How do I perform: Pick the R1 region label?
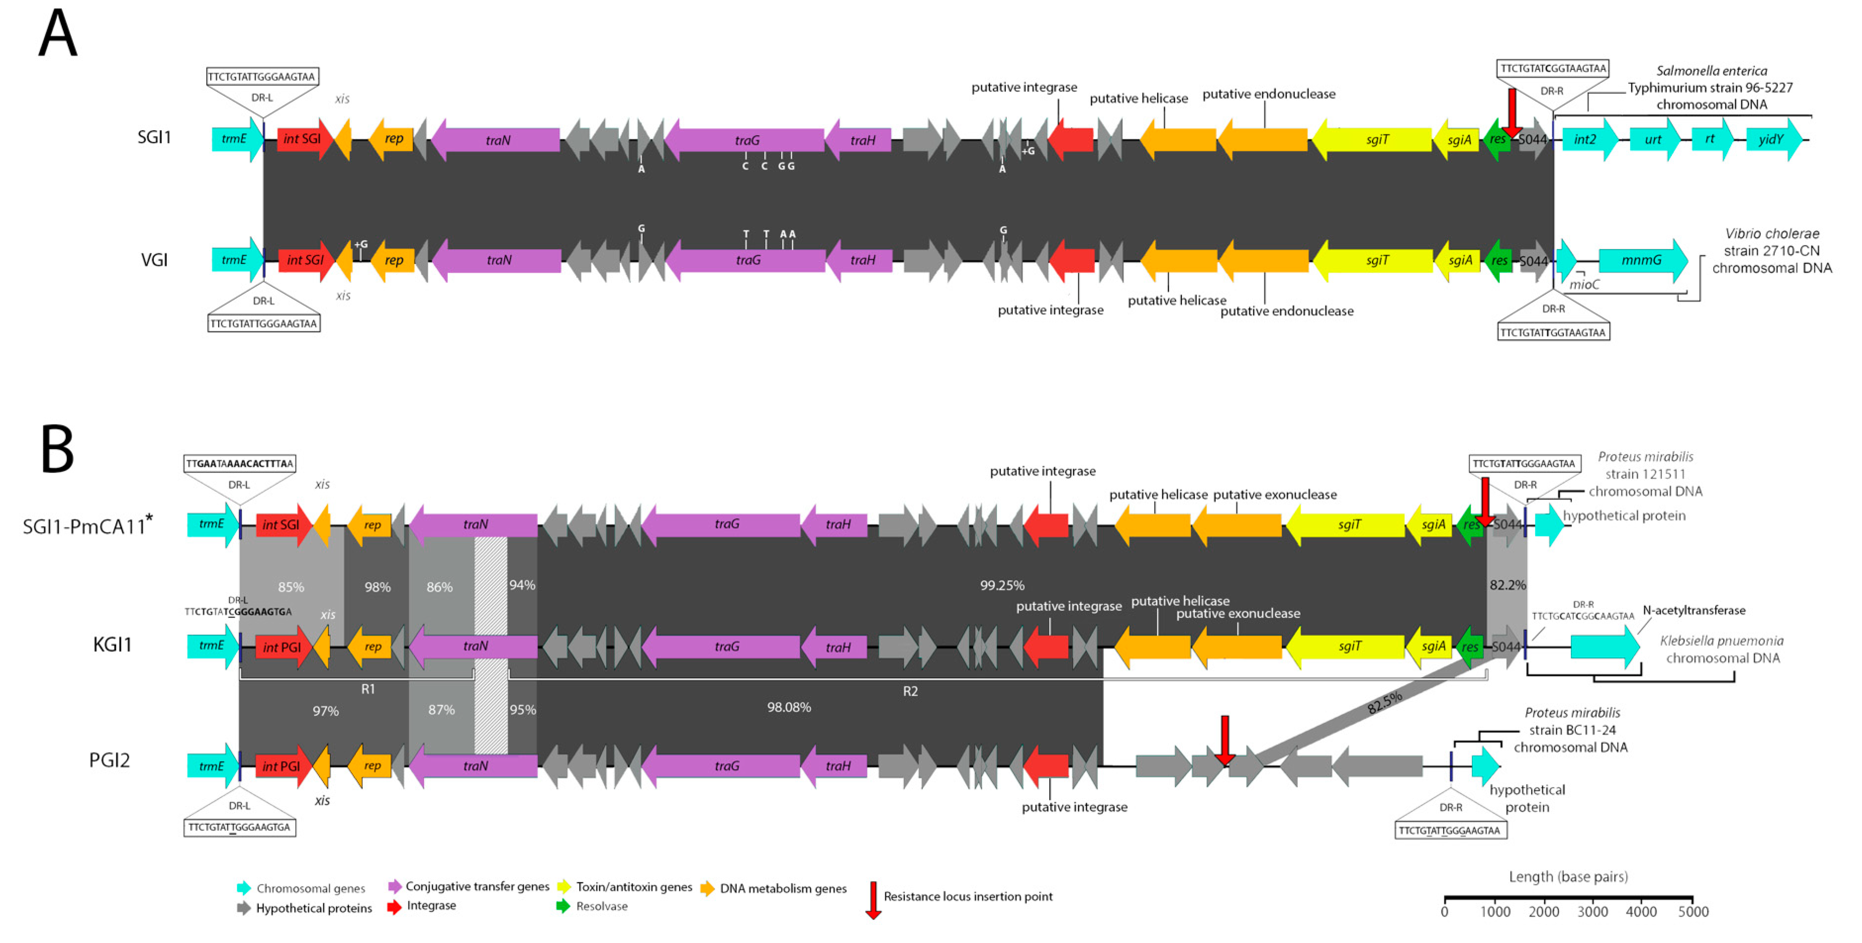(368, 689)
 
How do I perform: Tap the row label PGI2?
(109, 760)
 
